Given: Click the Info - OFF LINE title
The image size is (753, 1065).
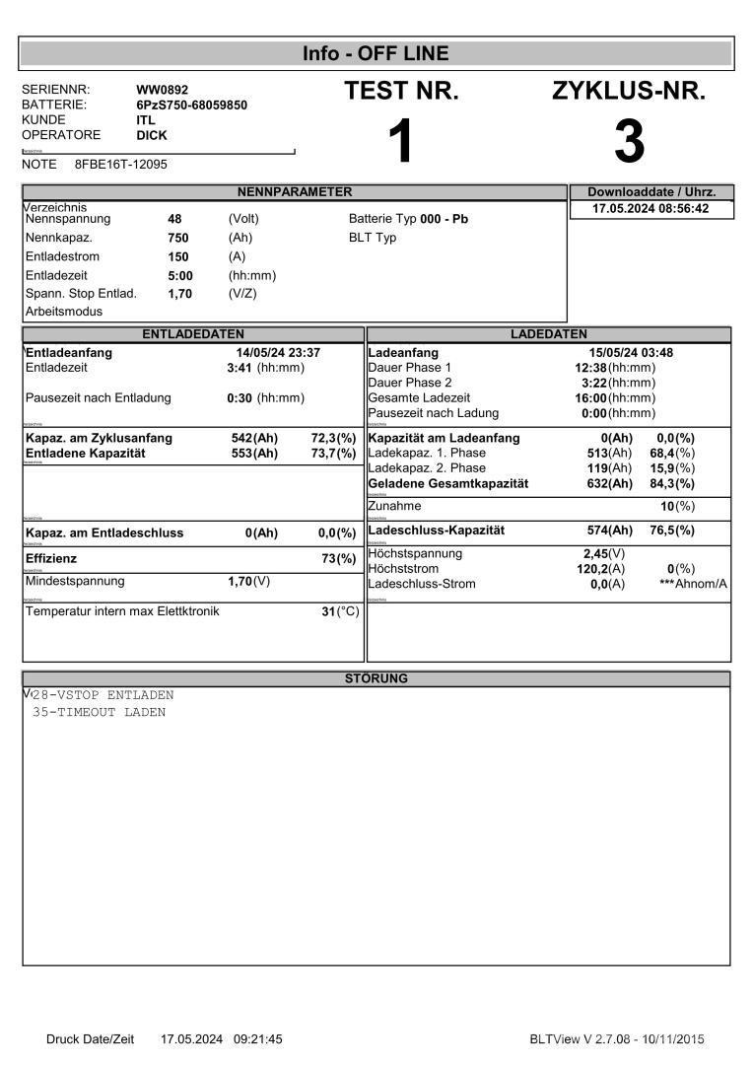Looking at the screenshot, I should (x=376, y=53).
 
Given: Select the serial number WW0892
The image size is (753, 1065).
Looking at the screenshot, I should (x=162, y=90).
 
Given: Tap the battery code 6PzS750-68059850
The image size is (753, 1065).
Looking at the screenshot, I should (x=191, y=105).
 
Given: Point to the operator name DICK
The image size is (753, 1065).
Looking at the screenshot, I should (x=152, y=135).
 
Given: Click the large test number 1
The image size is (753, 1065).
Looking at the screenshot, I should (x=400, y=142).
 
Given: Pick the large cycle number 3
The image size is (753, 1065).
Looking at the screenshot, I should (x=629, y=142).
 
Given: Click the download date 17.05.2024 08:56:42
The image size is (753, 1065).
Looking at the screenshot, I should (x=650, y=209).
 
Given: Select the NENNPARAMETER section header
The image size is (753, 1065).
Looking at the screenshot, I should (x=295, y=191).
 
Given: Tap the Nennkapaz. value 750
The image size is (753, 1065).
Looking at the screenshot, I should (x=178, y=238).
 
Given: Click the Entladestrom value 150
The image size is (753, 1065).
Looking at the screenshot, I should (x=178, y=256).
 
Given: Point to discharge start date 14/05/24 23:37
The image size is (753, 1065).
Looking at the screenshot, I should (x=278, y=352).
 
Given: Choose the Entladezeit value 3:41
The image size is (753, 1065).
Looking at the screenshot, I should (x=240, y=368).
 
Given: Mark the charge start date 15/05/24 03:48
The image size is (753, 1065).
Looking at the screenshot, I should (x=631, y=352).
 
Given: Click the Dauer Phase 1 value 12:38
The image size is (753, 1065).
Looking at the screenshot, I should (x=590, y=368).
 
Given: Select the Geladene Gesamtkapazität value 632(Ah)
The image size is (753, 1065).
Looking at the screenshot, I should (x=610, y=483).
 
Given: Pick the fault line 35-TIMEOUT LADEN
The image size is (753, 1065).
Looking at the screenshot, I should (x=99, y=712).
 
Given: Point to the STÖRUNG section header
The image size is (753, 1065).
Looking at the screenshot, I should (x=376, y=678).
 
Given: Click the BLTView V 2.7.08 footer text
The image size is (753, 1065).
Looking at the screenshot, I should (x=617, y=1038).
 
